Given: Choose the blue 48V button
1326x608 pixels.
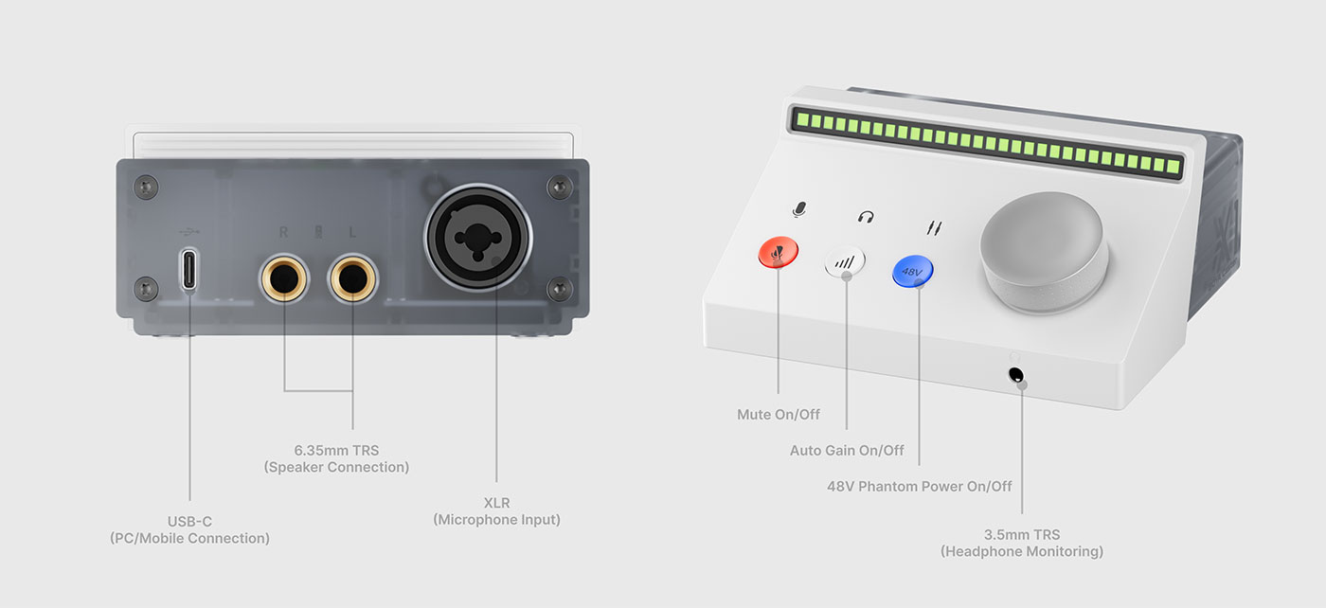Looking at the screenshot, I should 912,272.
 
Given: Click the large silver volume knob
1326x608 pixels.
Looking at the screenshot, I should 1042,251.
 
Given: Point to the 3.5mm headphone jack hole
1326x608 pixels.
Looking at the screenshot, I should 1016,375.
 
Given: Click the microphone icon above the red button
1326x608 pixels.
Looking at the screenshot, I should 799,209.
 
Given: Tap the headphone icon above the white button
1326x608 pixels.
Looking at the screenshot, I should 865,217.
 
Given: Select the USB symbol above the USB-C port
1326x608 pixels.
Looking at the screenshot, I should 189,230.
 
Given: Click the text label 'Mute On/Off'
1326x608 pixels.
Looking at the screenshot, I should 779,415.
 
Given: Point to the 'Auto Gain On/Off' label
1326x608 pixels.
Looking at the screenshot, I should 847,451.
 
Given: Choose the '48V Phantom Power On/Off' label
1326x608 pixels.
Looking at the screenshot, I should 919,487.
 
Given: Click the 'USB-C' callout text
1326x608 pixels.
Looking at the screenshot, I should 189,521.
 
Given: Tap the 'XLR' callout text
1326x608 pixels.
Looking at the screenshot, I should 496,503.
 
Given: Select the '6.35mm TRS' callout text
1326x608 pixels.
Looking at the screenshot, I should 336,450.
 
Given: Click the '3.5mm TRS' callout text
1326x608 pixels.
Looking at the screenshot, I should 1021,534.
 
